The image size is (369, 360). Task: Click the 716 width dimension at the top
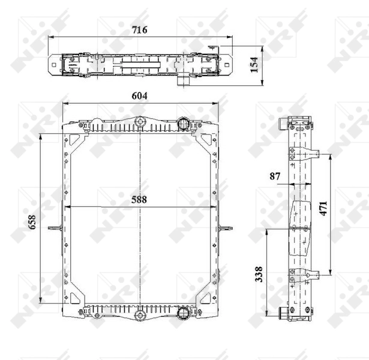(x=140, y=29)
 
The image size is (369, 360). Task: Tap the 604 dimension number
(x=140, y=96)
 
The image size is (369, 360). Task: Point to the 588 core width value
(x=140, y=200)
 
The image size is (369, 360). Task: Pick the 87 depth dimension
(x=275, y=176)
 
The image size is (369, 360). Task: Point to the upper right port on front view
(x=184, y=124)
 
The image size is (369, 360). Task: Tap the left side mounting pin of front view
(x=55, y=227)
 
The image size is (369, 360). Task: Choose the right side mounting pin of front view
(x=226, y=227)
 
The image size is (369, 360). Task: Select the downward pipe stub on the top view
(x=183, y=80)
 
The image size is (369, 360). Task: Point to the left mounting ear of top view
(x=54, y=64)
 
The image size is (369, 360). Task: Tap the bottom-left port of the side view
(x=284, y=313)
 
